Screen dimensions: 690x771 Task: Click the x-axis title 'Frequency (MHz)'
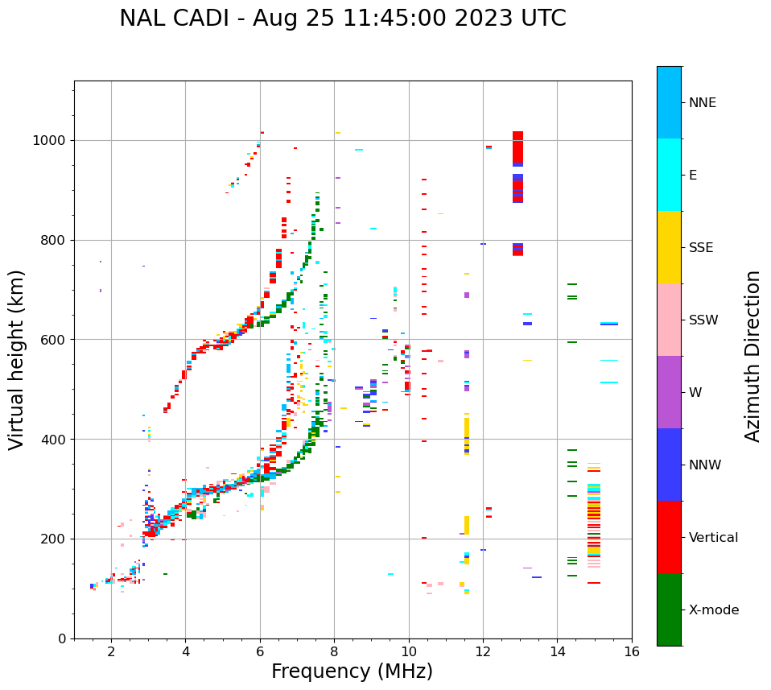[352, 671]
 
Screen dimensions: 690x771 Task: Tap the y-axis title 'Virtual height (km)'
[18, 360]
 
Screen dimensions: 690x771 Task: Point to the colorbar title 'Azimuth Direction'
[752, 356]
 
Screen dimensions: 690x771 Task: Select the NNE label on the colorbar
[702, 103]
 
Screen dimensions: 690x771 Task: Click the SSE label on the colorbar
[700, 248]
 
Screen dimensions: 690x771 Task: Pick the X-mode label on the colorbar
[713, 610]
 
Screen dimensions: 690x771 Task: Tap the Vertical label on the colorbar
[713, 538]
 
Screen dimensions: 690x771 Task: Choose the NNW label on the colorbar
[704, 465]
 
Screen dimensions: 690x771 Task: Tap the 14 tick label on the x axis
[557, 651]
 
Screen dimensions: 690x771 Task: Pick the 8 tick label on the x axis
[334, 651]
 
